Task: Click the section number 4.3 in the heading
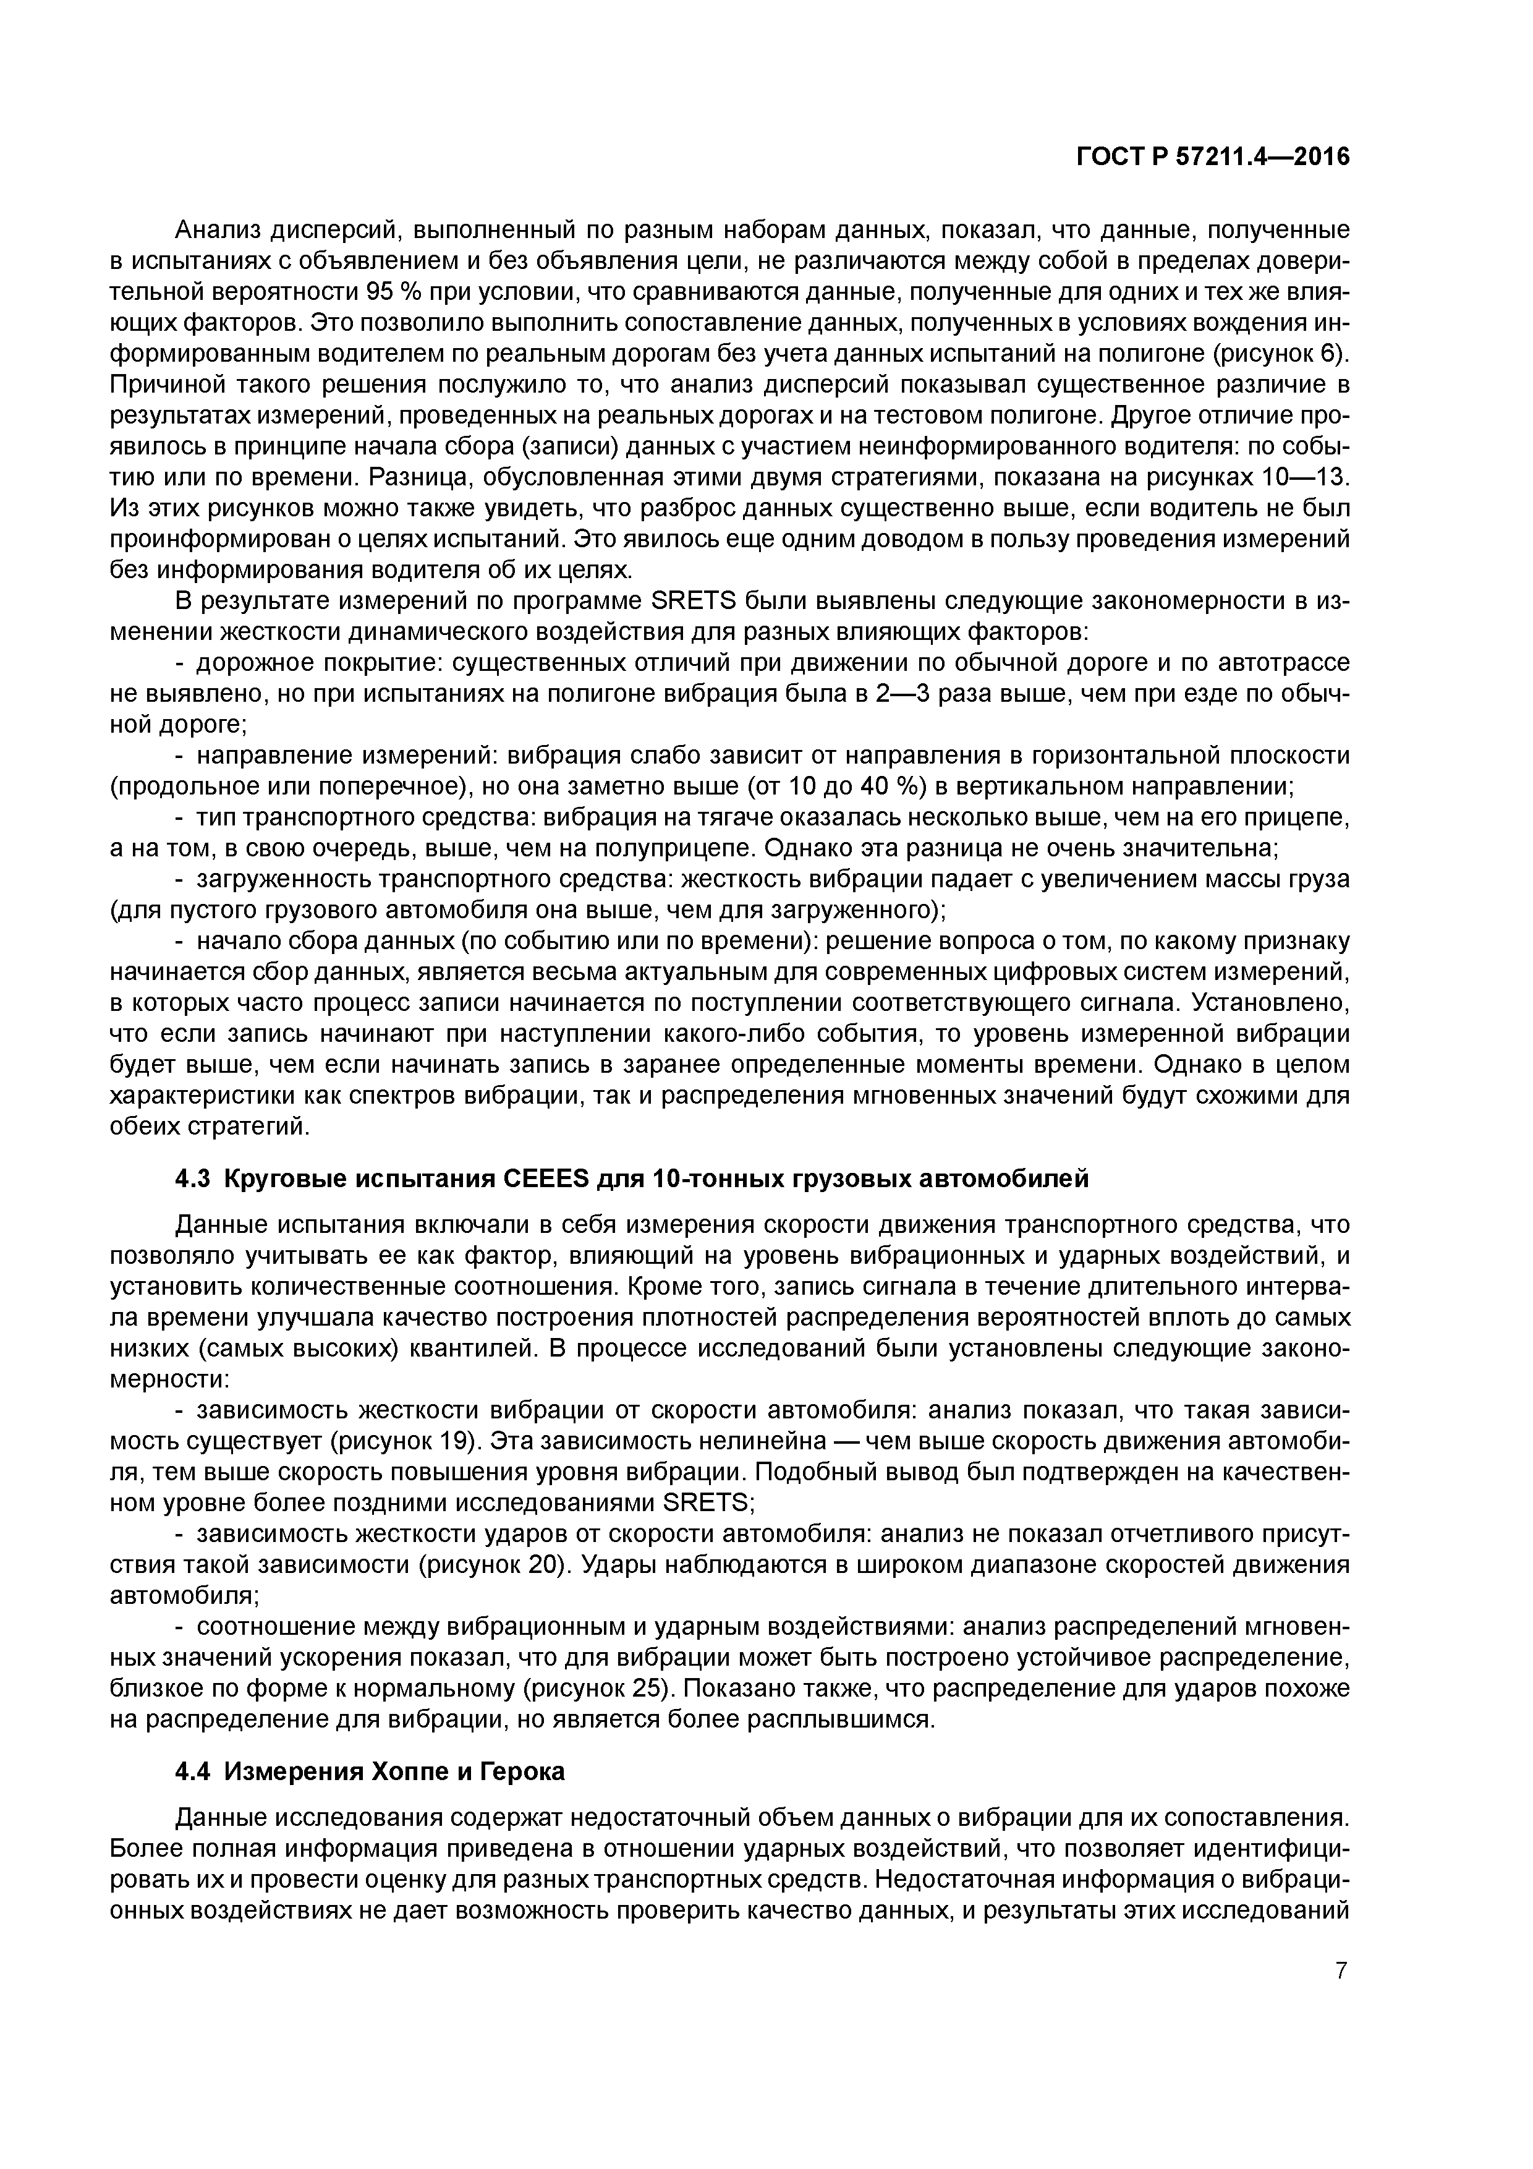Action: [195, 1179]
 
